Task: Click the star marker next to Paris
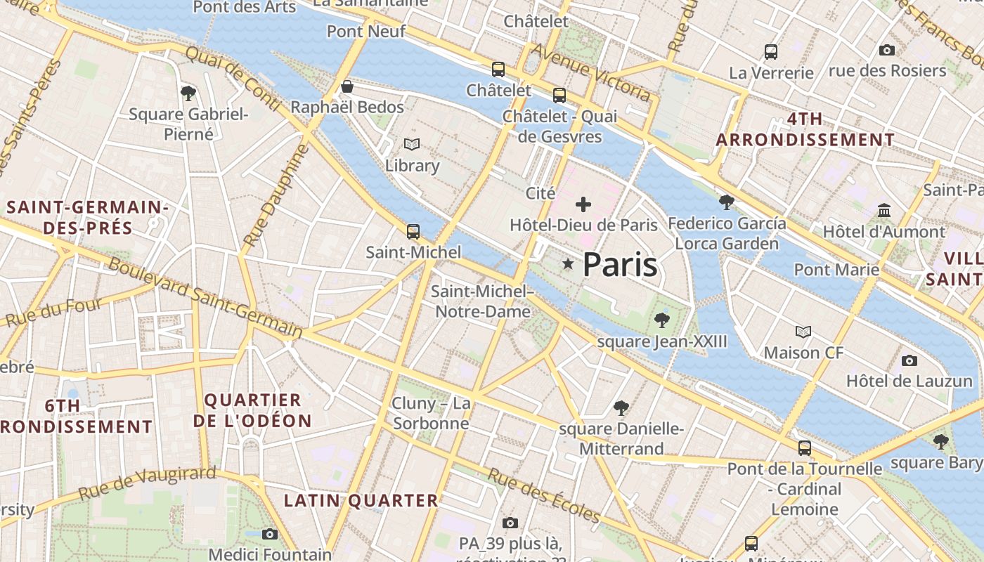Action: pyautogui.click(x=568, y=263)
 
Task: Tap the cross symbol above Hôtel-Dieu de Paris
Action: pyautogui.click(x=583, y=204)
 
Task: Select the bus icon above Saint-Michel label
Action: pyautogui.click(x=413, y=231)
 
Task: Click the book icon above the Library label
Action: pyautogui.click(x=412, y=144)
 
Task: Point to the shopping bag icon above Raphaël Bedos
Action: pyautogui.click(x=347, y=86)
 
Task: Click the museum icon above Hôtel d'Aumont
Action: pyautogui.click(x=883, y=210)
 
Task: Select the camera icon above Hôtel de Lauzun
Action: pyautogui.click(x=909, y=360)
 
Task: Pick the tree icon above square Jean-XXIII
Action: pyautogui.click(x=661, y=320)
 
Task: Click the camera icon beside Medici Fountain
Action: pyautogui.click(x=269, y=534)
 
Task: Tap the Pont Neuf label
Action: pyautogui.click(x=366, y=31)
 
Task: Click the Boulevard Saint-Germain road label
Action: pyautogui.click(x=205, y=298)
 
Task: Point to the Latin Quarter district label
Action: pyautogui.click(x=361, y=500)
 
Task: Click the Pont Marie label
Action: pyautogui.click(x=836, y=269)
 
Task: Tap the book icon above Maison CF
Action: pyautogui.click(x=803, y=332)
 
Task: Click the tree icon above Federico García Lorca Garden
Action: pyautogui.click(x=727, y=202)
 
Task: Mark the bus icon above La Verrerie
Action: pyautogui.click(x=771, y=51)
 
